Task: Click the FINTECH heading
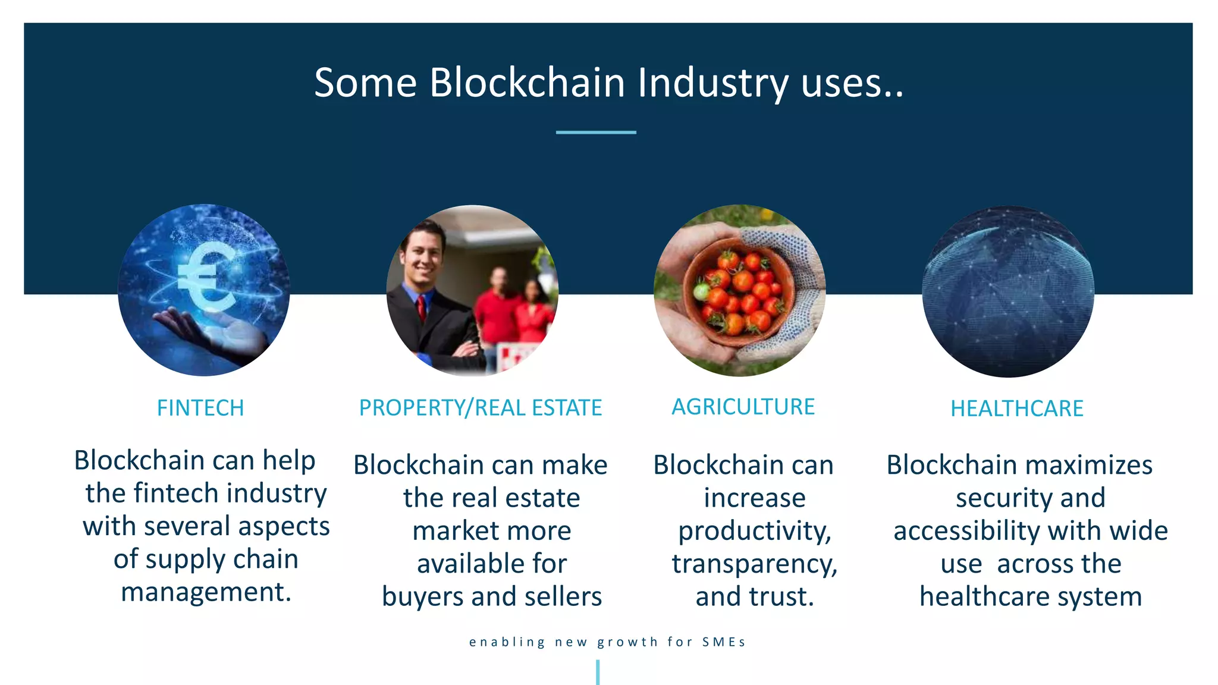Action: pyautogui.click(x=200, y=409)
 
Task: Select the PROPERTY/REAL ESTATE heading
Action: pyautogui.click(x=481, y=408)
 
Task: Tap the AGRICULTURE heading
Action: pyautogui.click(x=743, y=407)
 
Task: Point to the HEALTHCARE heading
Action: pyautogui.click(x=1016, y=409)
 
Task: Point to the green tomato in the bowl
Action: pyautogui.click(x=702, y=292)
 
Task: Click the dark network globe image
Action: pyautogui.click(x=1007, y=291)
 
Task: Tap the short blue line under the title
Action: pyautogui.click(x=596, y=132)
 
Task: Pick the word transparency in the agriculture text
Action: pyautogui.click(x=754, y=564)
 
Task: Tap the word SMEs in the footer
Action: pyautogui.click(x=723, y=642)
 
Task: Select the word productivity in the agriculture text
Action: pyautogui.click(x=754, y=531)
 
